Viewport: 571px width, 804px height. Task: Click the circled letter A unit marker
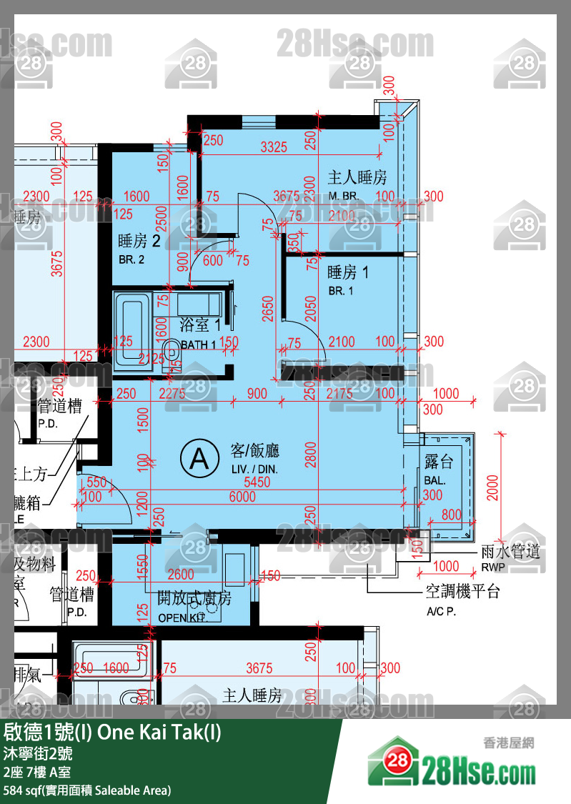tap(199, 459)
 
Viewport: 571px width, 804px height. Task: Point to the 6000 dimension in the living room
tap(242, 497)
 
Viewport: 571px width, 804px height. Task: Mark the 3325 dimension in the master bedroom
tap(274, 147)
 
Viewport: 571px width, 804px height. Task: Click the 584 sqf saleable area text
tap(87, 790)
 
